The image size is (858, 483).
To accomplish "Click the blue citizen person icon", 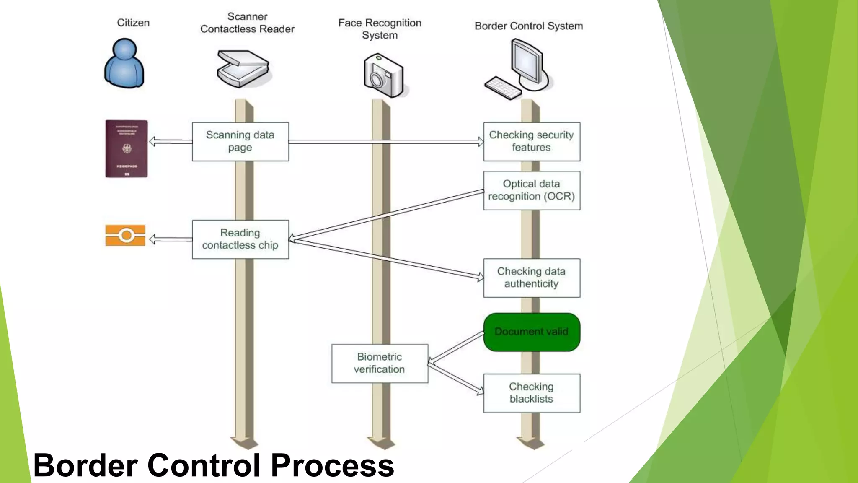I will (124, 64).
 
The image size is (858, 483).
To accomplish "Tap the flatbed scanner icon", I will (243, 69).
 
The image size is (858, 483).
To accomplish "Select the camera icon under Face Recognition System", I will (383, 76).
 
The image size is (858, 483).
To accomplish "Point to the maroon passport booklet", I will (126, 149).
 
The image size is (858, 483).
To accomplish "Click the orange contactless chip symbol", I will (125, 235).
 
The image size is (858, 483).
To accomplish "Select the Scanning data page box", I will (240, 142).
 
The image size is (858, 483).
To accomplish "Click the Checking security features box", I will (531, 142).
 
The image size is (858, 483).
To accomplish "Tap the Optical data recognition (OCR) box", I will (531, 190).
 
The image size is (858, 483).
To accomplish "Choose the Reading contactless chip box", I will (240, 239).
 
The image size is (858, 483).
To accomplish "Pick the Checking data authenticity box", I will (531, 278).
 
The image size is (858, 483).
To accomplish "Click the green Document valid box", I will (531, 332).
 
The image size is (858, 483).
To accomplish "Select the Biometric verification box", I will (379, 364).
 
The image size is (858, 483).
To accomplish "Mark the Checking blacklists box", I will (531, 393).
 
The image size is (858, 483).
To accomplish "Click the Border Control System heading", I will (528, 26).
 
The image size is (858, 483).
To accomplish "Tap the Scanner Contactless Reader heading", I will (247, 23).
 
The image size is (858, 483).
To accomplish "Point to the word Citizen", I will (133, 23).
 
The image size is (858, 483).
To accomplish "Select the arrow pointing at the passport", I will (170, 142).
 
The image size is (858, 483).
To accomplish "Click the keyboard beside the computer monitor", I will (503, 88).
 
